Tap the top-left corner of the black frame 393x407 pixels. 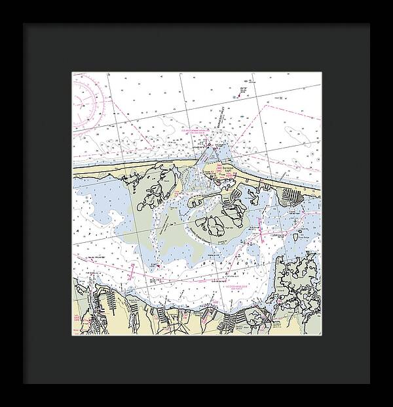(24, 24)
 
